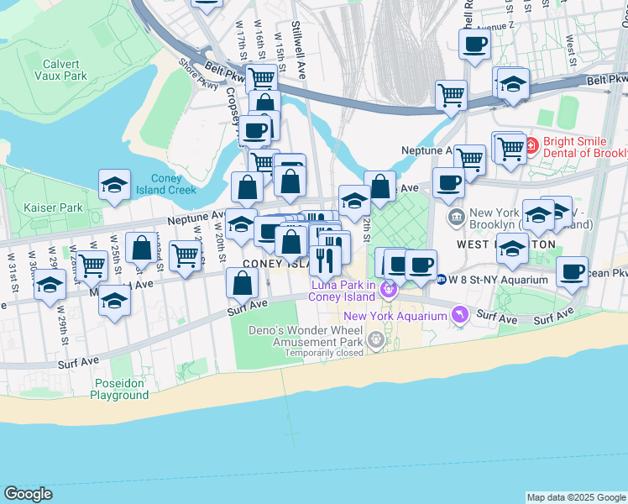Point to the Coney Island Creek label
click(173, 184)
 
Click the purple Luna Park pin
click(388, 291)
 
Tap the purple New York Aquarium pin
click(459, 315)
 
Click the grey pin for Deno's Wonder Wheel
click(376, 340)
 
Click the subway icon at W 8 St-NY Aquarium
click(440, 279)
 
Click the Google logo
click(28, 493)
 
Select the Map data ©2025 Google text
click(575, 497)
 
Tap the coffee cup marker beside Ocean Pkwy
click(572, 272)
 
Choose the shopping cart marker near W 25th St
click(92, 265)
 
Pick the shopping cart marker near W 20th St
click(185, 255)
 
